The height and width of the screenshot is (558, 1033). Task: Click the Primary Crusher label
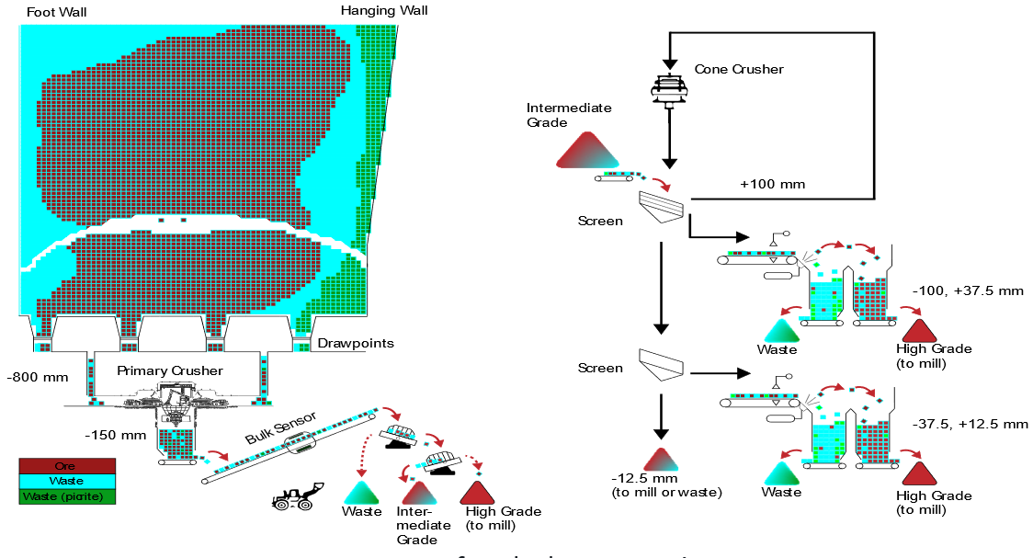click(x=170, y=370)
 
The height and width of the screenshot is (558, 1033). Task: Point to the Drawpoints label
click(x=355, y=344)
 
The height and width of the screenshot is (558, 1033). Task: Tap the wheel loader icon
click(x=295, y=497)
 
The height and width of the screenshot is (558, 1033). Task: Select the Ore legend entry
click(x=67, y=466)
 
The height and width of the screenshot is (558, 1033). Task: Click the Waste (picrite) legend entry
click(x=67, y=497)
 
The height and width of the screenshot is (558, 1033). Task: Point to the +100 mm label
click(x=772, y=185)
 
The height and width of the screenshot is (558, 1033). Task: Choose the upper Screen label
click(x=600, y=221)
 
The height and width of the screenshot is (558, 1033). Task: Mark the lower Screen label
click(x=600, y=368)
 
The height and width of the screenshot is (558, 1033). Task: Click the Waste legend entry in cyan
click(x=67, y=482)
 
